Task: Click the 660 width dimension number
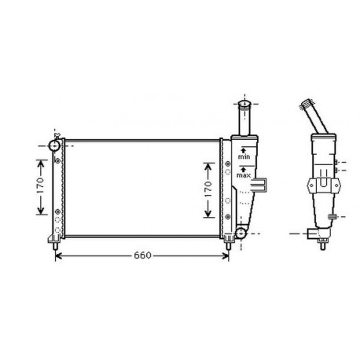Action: point(142,256)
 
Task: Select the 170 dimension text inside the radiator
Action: point(208,189)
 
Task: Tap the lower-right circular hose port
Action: point(241,233)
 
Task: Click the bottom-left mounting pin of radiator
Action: point(57,245)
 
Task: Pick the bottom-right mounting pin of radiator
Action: point(229,245)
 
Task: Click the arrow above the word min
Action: point(244,149)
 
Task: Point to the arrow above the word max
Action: point(244,167)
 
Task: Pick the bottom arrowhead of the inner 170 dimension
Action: point(208,215)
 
